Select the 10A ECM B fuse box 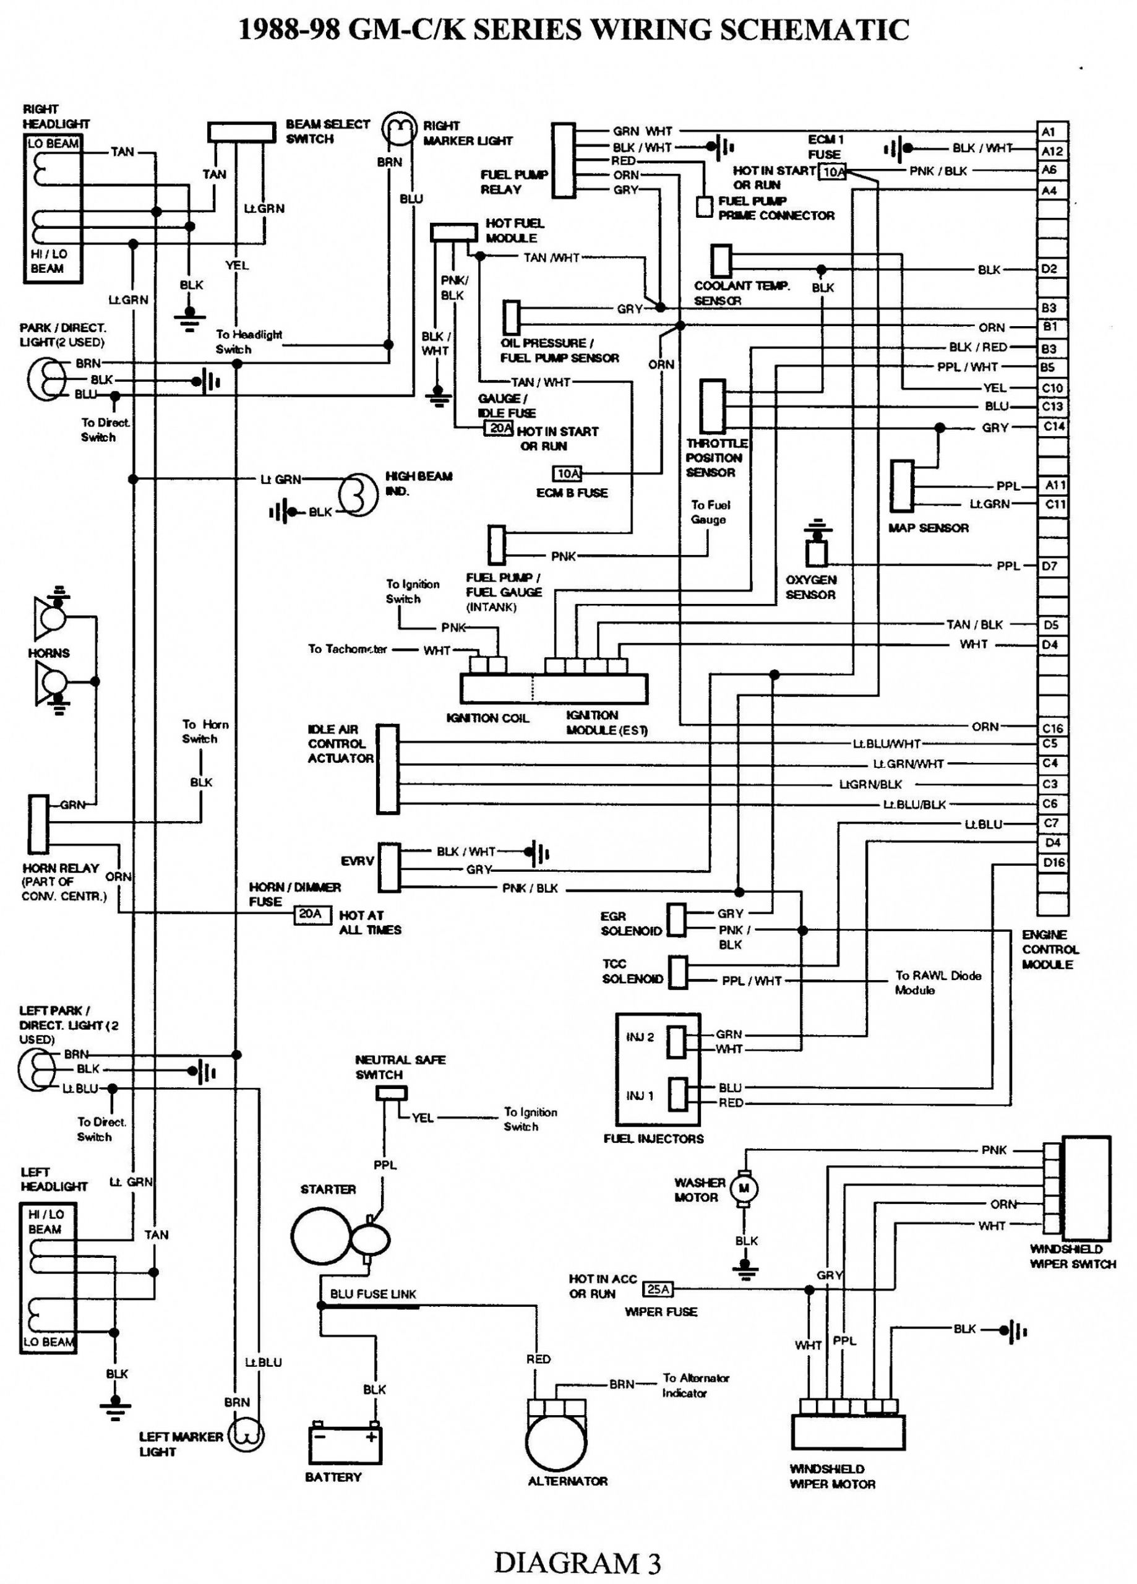(x=567, y=474)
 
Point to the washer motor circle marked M (x=744, y=1187)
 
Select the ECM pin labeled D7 (x=1052, y=566)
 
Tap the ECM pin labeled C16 (x=1052, y=728)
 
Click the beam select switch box (x=242, y=132)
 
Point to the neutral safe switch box (x=391, y=1093)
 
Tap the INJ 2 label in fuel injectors (x=640, y=1037)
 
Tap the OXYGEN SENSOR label (x=810, y=587)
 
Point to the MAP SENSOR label (x=927, y=528)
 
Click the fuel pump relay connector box (x=563, y=161)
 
